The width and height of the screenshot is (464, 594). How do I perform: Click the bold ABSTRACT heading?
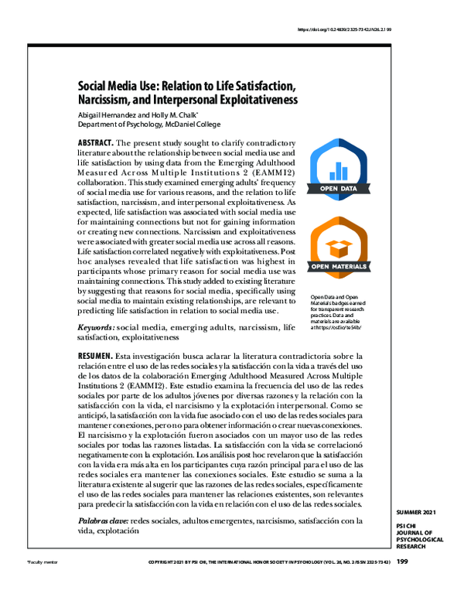[x=96, y=144]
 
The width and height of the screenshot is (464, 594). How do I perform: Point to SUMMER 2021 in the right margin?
[x=415, y=514]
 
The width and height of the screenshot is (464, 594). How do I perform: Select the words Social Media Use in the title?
[x=129, y=87]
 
